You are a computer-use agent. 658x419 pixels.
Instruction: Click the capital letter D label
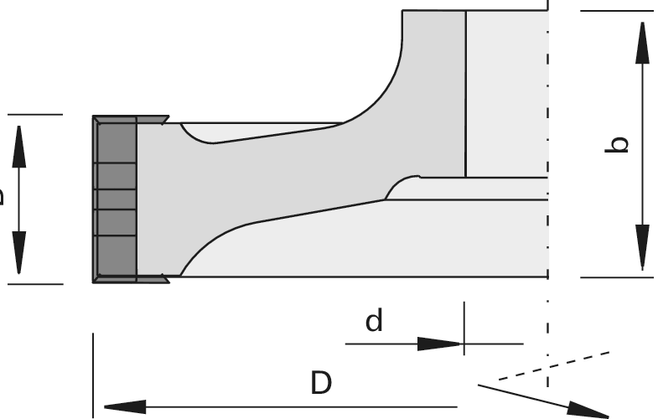click(321, 383)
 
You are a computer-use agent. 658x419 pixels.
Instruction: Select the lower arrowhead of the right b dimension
click(642, 247)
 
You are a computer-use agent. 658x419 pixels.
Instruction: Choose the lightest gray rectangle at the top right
click(506, 92)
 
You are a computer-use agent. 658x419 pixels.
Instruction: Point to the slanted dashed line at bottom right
click(553, 365)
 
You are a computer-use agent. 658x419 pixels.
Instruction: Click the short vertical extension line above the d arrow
click(464, 323)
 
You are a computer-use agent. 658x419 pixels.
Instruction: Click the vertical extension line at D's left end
click(93, 369)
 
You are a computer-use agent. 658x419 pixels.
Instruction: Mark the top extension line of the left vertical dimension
click(34, 115)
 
